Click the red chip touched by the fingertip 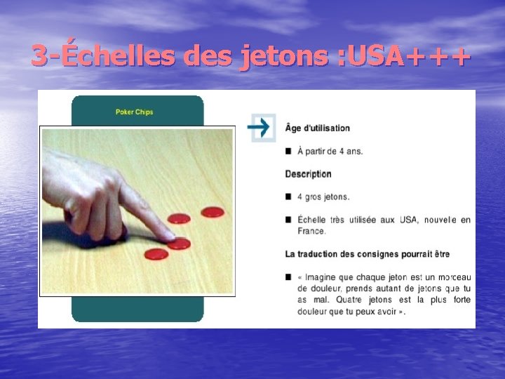[180, 243]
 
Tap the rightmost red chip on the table [212, 211]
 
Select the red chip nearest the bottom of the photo [156, 253]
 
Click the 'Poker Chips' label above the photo [135, 112]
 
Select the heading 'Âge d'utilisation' [318, 128]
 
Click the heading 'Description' [309, 173]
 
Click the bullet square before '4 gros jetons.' [289, 197]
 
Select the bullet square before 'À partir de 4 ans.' [289, 151]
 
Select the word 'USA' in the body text [408, 220]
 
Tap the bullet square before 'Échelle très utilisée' [289, 220]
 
